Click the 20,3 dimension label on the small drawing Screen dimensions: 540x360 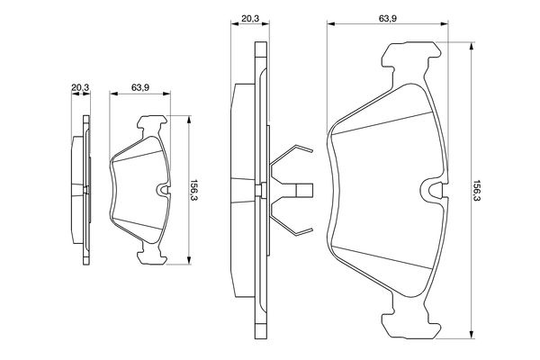coord(80,87)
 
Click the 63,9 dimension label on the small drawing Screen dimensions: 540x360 coord(140,87)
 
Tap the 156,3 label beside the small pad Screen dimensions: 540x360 coord(194,190)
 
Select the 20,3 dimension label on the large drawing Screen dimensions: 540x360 coord(250,18)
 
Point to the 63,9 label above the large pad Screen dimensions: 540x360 coord(388,18)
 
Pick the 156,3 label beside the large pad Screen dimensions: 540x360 coord(477,191)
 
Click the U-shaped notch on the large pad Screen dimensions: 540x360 coord(435,191)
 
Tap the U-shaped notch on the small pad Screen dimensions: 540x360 coord(164,190)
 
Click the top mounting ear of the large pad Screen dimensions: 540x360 coord(411,55)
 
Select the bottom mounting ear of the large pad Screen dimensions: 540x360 coord(411,326)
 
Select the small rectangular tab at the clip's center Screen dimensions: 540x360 coord(305,191)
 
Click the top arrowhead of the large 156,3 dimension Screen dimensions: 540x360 coord(472,47)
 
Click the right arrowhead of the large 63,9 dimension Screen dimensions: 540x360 coord(444,23)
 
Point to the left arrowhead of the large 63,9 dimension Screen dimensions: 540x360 coord(331,23)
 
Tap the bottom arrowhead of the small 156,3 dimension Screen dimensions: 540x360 coord(189,260)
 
